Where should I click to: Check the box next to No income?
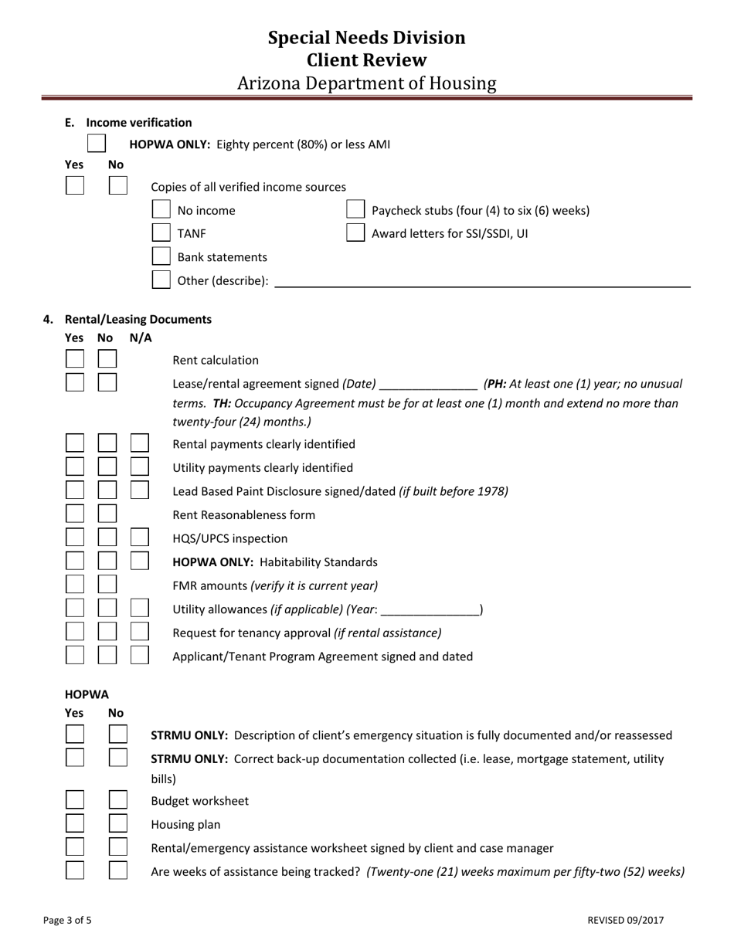(161, 209)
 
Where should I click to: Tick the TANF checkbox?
(161, 232)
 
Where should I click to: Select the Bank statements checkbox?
(161, 256)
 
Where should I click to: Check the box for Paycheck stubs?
(355, 209)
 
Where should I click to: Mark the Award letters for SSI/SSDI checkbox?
(355, 232)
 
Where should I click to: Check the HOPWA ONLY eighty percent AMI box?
(97, 144)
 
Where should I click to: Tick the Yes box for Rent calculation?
(75, 359)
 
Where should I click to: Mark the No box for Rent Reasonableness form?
(107, 514)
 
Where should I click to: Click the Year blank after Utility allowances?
(430, 609)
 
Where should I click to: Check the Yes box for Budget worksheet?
(75, 800)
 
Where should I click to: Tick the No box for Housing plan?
(117, 823)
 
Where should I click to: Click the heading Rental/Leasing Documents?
(138, 319)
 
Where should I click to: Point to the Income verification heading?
(138, 122)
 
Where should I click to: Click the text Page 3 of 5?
(67, 920)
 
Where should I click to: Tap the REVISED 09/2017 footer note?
(625, 920)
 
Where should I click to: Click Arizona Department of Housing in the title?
(366, 83)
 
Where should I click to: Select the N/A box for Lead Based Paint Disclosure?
(139, 490)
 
